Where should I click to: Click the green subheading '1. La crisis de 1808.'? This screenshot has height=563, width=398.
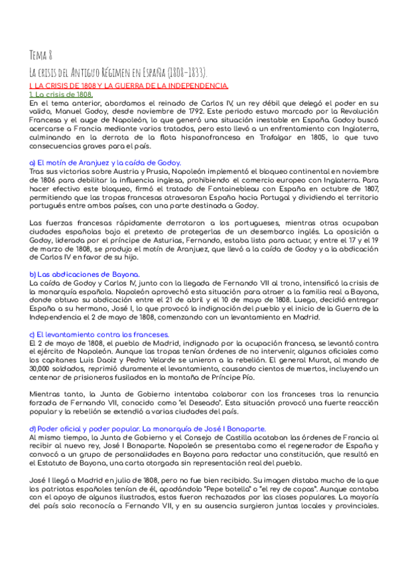coord(61,94)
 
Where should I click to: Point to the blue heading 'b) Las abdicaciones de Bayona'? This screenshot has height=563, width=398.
coord(94,274)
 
